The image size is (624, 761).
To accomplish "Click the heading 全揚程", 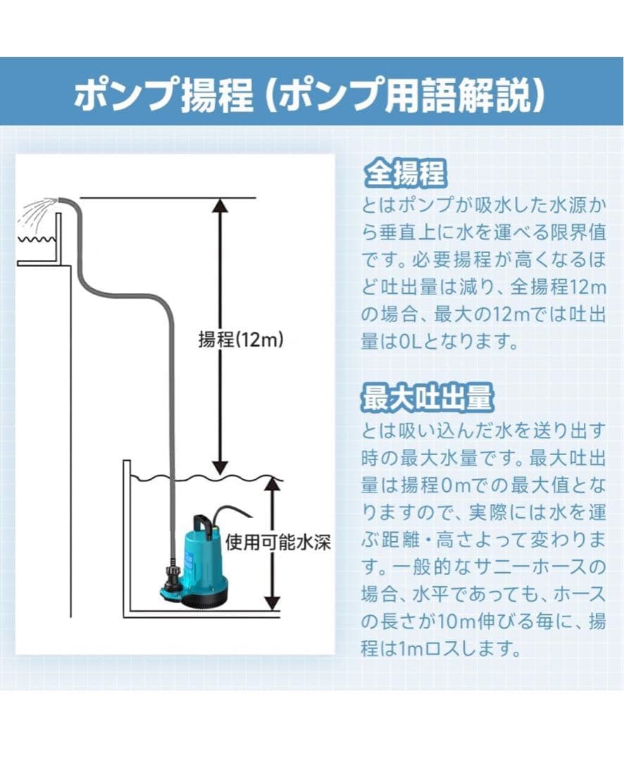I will point(405,173).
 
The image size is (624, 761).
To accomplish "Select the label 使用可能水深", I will point(278,543).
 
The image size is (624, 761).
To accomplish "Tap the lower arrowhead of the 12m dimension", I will point(221,466).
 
